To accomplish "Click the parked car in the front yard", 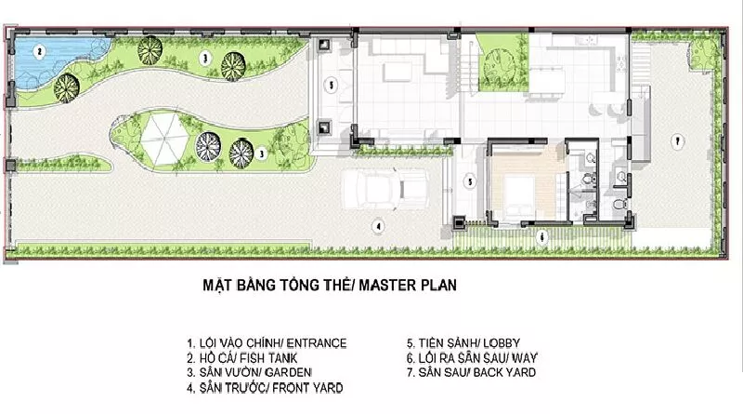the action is pos(385,190).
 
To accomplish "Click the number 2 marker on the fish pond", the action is pos(40,52).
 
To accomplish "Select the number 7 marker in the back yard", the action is pos(678,141).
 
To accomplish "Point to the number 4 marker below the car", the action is pos(378,226).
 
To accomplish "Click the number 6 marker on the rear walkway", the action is pos(542,236).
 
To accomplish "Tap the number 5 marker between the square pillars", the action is pos(332,86).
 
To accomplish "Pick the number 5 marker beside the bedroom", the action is pos(470,181).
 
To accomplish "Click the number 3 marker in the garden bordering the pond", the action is pos(205,59).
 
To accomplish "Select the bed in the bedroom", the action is pos(519,194).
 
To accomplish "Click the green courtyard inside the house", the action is pos(502,62).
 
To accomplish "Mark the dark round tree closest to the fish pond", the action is pos(66,88).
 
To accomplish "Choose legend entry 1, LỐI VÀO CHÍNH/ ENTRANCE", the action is pos(267,343).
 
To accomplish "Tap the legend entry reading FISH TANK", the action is pos(242,358).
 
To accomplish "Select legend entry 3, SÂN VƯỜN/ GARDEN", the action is pos(249,373).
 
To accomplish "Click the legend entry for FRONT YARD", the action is pos(265,388).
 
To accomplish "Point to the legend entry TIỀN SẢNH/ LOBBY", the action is pos(463,342).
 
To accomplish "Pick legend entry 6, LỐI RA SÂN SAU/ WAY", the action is pos(472,357).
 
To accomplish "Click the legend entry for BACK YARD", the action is pos(472,373).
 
